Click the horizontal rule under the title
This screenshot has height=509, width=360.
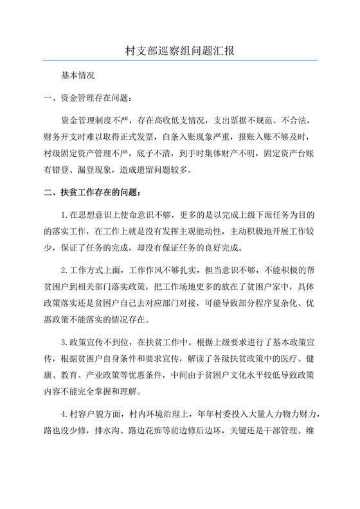point(179,60)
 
